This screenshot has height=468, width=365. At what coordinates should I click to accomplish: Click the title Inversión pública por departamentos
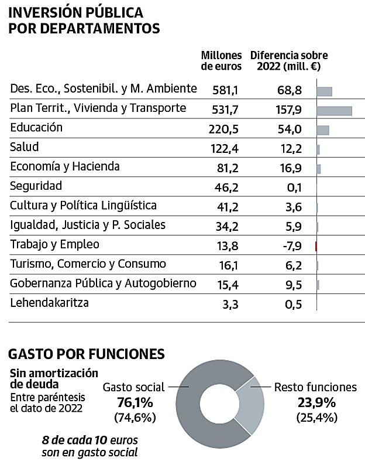84,21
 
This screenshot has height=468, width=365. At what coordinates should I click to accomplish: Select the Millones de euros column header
221,61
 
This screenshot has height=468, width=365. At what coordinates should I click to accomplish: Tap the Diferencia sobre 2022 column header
289,61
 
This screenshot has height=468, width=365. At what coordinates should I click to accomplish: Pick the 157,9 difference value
290,110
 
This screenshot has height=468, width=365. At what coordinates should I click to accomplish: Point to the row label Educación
36,128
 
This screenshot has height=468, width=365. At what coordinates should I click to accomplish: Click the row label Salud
25,147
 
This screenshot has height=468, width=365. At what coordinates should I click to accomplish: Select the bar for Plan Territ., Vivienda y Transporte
334,111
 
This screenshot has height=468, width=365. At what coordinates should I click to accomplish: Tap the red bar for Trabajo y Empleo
316,246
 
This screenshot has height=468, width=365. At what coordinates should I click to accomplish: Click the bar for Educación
323,130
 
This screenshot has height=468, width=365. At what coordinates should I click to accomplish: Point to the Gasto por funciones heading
86,354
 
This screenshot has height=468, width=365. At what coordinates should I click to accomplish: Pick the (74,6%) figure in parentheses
135,418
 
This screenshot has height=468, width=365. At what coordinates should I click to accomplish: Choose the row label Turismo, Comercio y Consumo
88,264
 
